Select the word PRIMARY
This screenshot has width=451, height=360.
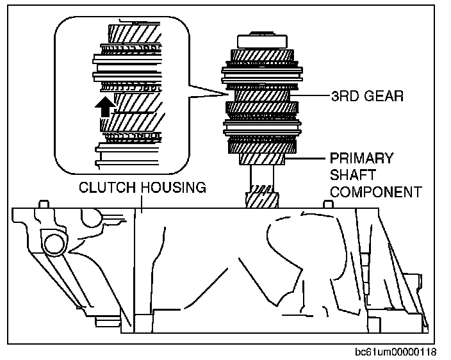[x=361, y=158]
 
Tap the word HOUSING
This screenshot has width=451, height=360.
[x=173, y=188]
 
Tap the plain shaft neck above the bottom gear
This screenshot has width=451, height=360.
[x=262, y=175]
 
